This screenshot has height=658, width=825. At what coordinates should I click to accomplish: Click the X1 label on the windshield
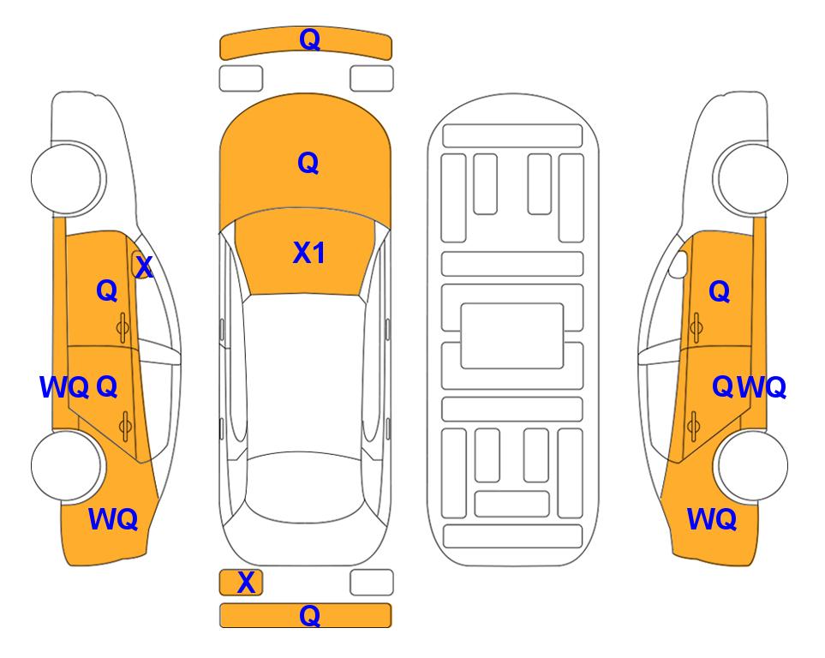pos(309,253)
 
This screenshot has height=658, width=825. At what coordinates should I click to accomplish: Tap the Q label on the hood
pos(308,163)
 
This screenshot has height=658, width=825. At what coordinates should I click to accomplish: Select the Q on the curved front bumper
pos(309,39)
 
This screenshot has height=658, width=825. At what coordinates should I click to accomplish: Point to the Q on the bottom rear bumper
pos(309,615)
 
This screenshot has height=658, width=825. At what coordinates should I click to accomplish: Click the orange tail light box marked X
pos(241,583)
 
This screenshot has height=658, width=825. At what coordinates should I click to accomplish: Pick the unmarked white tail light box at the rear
pos(372,583)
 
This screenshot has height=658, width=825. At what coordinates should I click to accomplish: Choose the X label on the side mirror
pos(144,267)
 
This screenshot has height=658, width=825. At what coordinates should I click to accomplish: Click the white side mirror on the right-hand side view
pos(679,264)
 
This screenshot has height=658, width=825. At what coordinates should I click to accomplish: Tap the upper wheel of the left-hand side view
pos(67,178)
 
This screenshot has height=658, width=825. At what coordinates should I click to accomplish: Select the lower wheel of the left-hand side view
pos(67,466)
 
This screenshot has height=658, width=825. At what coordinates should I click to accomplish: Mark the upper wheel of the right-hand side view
pos(750,178)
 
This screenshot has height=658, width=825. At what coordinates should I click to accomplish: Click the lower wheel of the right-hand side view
pos(750,466)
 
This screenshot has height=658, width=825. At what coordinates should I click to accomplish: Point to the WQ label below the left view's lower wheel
pos(113,519)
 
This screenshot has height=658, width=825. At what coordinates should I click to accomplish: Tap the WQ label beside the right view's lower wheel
pos(712,519)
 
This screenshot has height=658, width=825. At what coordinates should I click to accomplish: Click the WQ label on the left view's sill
pos(64,387)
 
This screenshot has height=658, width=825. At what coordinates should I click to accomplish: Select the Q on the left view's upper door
pos(107,290)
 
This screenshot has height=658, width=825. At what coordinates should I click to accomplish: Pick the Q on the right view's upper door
pos(720,290)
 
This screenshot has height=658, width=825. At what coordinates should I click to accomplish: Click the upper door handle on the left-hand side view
pos(123,328)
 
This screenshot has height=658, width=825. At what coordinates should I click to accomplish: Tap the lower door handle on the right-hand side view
pos(694,426)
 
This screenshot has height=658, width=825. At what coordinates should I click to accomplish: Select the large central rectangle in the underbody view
pos(512,336)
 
